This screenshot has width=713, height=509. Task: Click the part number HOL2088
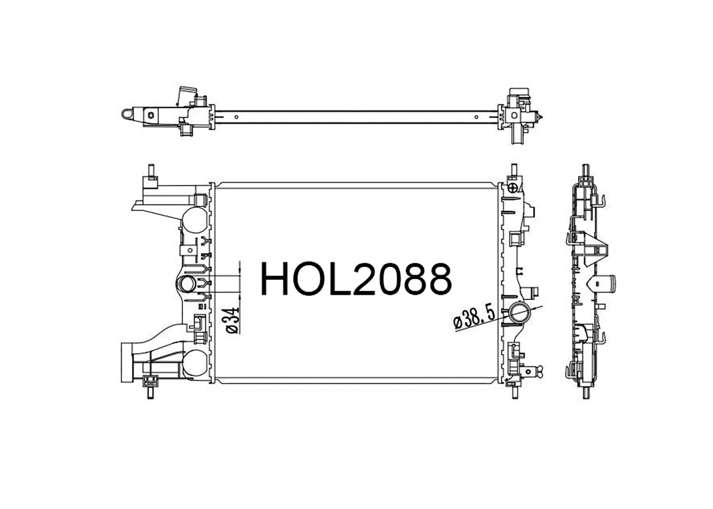pos(356,278)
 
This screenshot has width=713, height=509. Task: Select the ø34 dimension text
pos(232,320)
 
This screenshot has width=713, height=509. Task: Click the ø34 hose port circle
pos(187,284)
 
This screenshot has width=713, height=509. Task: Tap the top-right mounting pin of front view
pos(514,170)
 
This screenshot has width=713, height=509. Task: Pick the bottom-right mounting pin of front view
pos(515,393)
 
